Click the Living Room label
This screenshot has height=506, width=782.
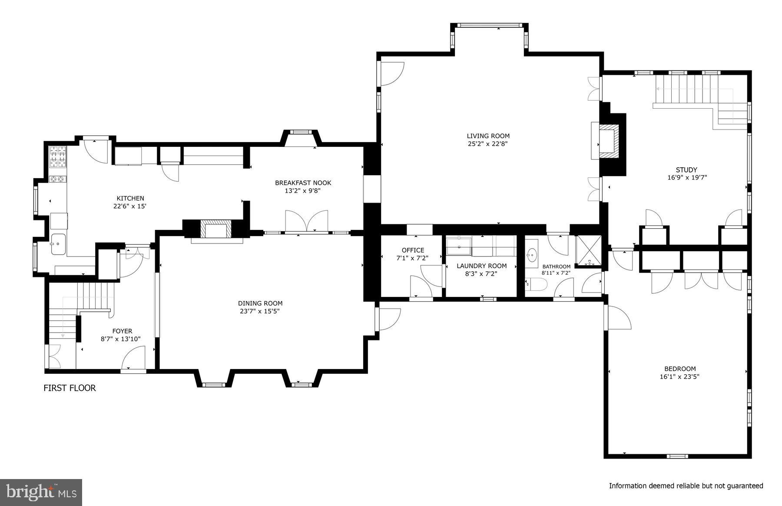pyautogui.click(x=488, y=136)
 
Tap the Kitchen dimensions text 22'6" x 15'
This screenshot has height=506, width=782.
pyautogui.click(x=130, y=206)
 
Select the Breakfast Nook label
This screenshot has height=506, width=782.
pyautogui.click(x=303, y=183)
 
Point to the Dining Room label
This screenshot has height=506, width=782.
pyautogui.click(x=260, y=303)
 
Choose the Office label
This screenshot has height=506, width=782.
pyautogui.click(x=412, y=250)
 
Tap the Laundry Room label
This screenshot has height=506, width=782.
pyautogui.click(x=481, y=266)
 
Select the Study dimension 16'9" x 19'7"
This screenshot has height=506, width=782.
pyautogui.click(x=687, y=177)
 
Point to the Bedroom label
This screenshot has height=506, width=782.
pyautogui.click(x=679, y=369)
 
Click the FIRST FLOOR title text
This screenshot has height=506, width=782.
pyautogui.click(x=70, y=388)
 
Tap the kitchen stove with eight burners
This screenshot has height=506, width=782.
pyautogui.click(x=58, y=156)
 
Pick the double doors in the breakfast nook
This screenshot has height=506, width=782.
pyautogui.click(x=306, y=221)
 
